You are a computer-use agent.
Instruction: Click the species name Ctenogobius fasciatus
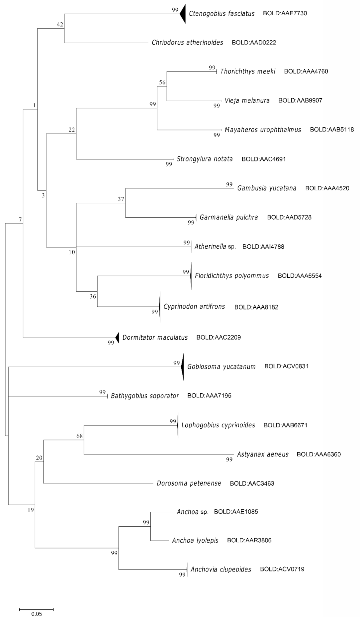222,14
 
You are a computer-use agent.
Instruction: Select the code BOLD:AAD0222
254,43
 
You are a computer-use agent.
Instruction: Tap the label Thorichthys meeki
248,71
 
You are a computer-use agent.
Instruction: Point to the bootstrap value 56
162,82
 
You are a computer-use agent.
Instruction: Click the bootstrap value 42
60,24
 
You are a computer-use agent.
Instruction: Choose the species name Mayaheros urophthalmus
263,130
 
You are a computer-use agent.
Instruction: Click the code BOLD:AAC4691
263,159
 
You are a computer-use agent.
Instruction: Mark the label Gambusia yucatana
267,188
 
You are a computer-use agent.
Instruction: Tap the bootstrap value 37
121,199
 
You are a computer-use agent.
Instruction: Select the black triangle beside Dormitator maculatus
117,337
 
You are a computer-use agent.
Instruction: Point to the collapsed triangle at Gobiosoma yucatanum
182,366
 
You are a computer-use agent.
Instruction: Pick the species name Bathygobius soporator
145,396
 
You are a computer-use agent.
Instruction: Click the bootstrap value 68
79,436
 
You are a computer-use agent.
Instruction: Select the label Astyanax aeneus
263,454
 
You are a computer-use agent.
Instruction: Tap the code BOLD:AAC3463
252,483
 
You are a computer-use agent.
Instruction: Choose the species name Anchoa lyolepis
195,541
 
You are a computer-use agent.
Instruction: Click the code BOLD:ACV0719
282,569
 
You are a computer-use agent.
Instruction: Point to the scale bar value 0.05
37,614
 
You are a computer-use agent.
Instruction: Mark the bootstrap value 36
93,296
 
